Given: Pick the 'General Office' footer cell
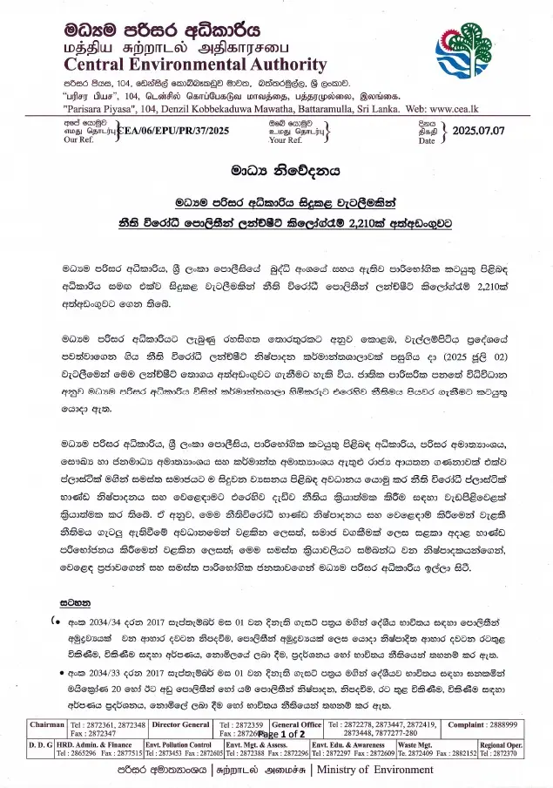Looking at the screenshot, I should tap(297, 725).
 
